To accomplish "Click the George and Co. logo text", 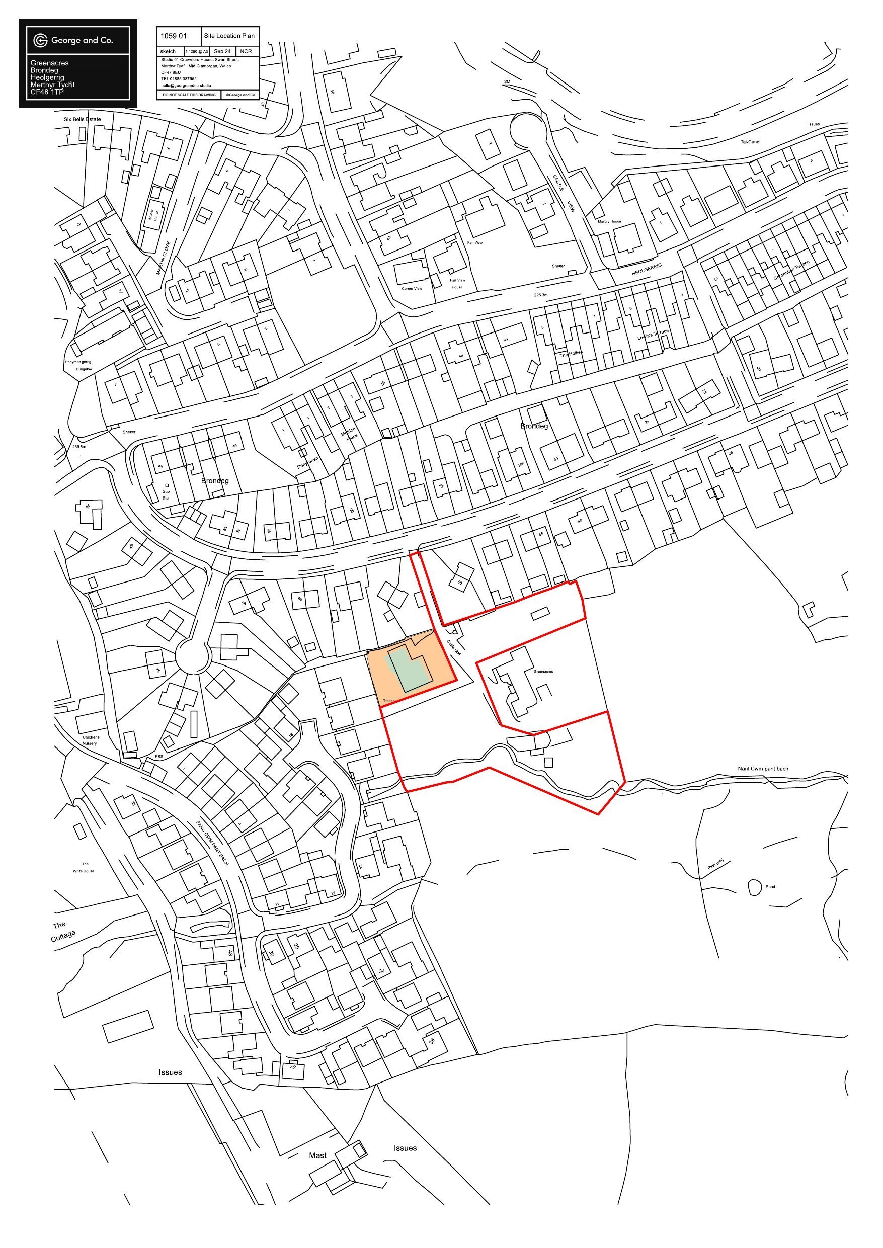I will (82, 40).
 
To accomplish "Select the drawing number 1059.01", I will (174, 36).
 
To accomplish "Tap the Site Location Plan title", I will (229, 36).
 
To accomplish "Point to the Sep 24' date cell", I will (223, 52).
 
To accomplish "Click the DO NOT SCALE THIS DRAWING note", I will (189, 95).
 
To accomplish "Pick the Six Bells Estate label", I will (82, 119).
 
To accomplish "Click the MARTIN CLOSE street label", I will (164, 258).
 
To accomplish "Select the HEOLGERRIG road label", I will (647, 270).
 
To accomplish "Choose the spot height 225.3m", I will (542, 296).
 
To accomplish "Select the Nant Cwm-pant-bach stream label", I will (763, 769).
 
